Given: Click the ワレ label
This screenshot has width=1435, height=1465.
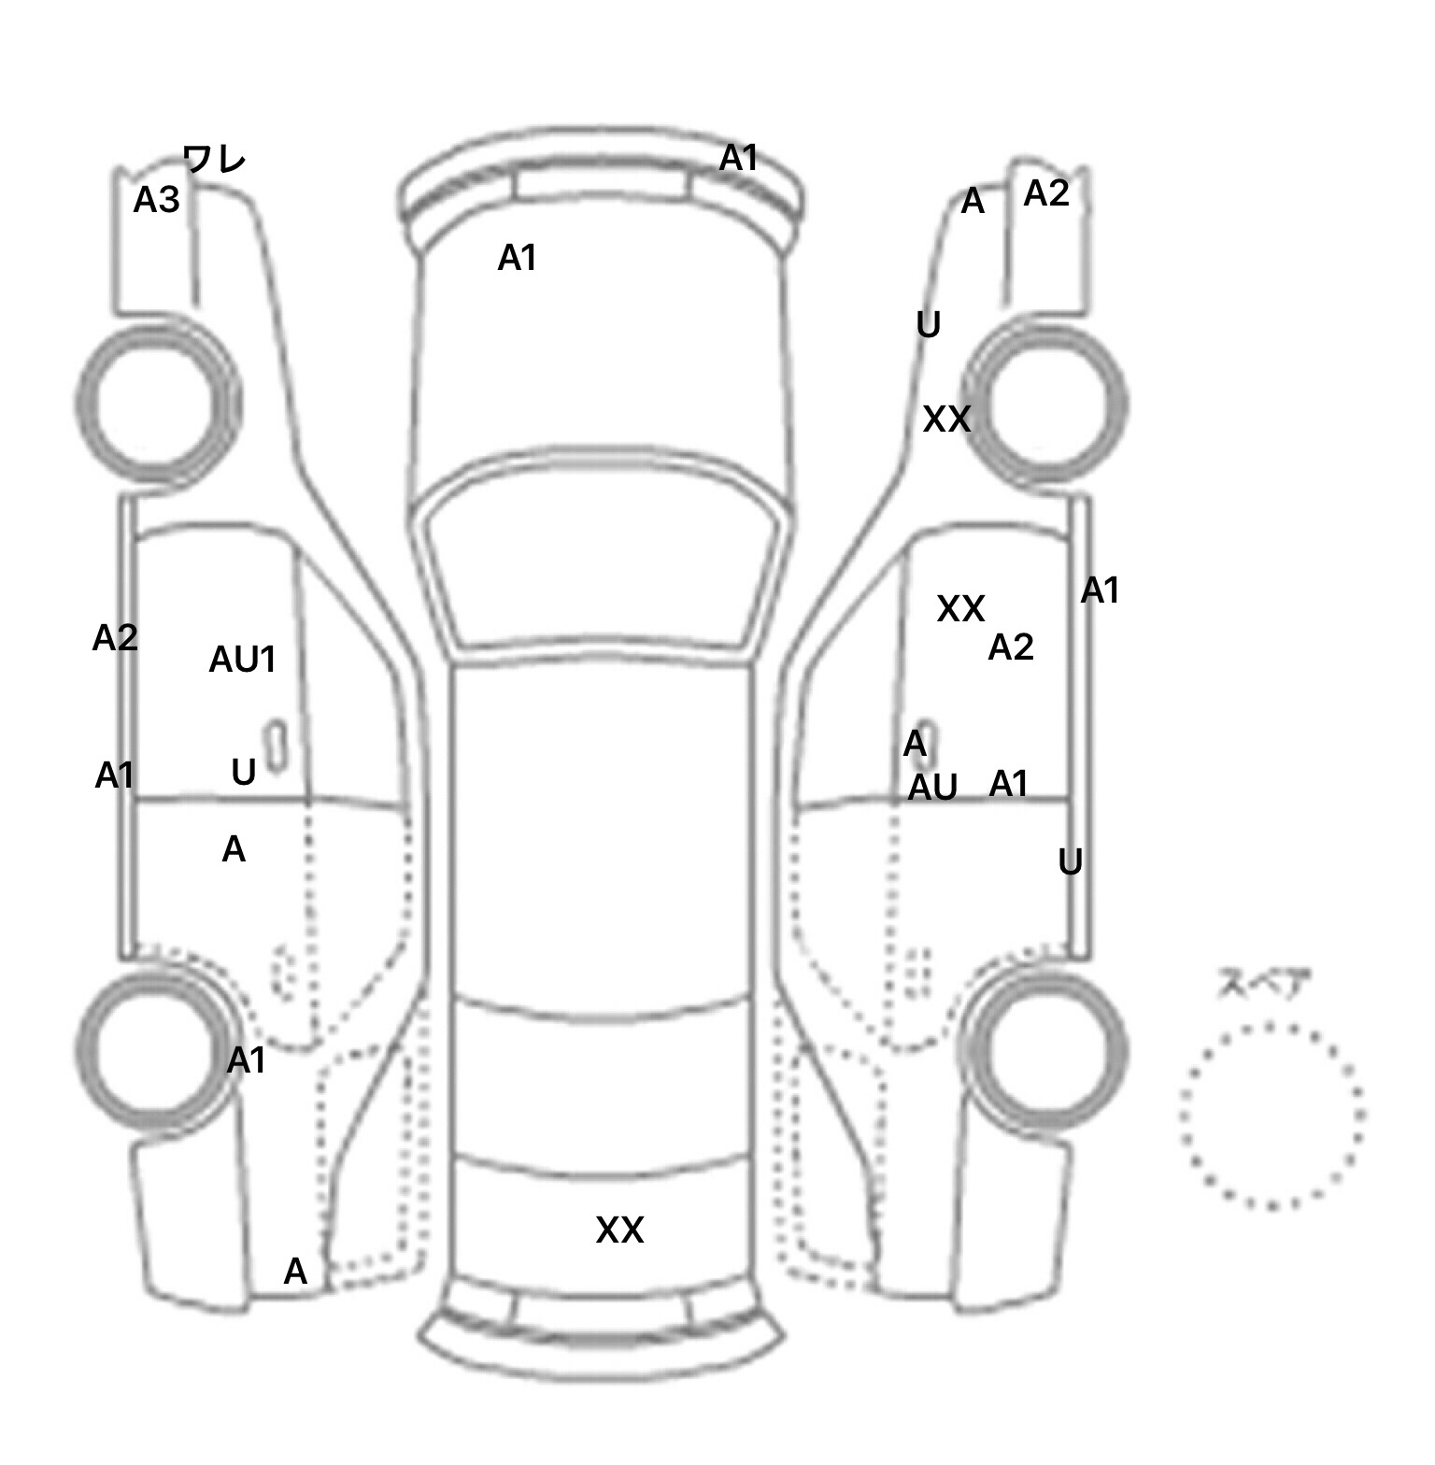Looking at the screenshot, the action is click(x=214, y=160).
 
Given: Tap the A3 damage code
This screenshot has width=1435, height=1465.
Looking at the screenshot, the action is click(x=156, y=200).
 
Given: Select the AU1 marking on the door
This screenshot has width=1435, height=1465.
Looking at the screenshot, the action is click(x=243, y=660).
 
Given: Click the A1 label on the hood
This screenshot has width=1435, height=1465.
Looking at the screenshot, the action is click(x=518, y=258).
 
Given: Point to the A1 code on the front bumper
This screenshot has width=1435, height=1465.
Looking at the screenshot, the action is click(x=739, y=159).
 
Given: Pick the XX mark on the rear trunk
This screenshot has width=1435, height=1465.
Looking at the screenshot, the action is click(x=619, y=1230).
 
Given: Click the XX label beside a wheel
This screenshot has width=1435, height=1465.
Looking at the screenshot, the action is click(x=946, y=420).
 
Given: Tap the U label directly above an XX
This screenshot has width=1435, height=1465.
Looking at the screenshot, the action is click(x=928, y=325).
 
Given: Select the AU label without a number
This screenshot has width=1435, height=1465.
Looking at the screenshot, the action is click(x=933, y=789).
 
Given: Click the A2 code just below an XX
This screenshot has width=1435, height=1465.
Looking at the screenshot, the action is click(x=1011, y=647).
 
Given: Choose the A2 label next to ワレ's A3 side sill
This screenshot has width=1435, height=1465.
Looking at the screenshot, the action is click(x=115, y=638).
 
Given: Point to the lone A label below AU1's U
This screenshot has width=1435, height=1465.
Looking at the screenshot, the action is click(x=234, y=849).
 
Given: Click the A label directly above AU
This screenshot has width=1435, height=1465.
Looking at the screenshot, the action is click(x=915, y=745).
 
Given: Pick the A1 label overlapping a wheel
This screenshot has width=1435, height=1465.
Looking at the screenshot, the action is click(x=247, y=1060).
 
